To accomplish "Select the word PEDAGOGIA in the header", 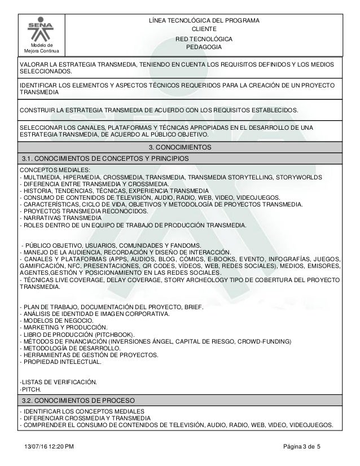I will (x=204, y=47).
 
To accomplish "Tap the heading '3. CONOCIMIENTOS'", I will (x=179, y=147).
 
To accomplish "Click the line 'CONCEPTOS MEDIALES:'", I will (x=55, y=170).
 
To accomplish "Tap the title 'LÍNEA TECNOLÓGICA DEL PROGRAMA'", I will (x=204, y=20).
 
